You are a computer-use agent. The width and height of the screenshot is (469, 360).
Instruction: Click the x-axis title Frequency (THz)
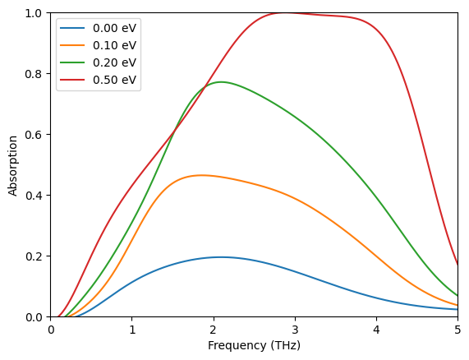(254, 346)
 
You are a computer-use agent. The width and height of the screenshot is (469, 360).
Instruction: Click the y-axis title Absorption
(12, 165)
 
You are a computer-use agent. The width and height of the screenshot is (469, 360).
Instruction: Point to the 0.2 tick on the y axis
(35, 256)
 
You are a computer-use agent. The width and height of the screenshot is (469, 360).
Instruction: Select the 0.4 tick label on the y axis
(35, 195)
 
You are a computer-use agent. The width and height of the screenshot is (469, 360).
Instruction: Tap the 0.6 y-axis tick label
(35, 134)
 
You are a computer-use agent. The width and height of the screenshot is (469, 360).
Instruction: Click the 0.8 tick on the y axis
(35, 74)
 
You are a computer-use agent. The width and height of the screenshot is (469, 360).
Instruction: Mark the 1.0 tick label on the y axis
(35, 13)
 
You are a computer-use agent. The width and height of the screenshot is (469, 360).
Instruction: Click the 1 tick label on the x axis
(132, 329)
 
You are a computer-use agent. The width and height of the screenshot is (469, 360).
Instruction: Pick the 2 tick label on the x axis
(214, 329)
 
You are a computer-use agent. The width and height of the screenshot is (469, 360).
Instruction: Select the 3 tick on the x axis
(295, 329)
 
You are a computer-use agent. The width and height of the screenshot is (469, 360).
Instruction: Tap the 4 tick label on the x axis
(376, 329)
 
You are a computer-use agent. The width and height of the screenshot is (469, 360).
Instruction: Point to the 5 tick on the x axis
(458, 329)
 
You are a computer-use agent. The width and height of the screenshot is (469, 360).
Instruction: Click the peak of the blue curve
(220, 257)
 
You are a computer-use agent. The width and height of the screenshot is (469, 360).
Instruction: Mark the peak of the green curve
(220, 82)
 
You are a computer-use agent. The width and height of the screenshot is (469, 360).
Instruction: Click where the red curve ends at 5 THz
(458, 265)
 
